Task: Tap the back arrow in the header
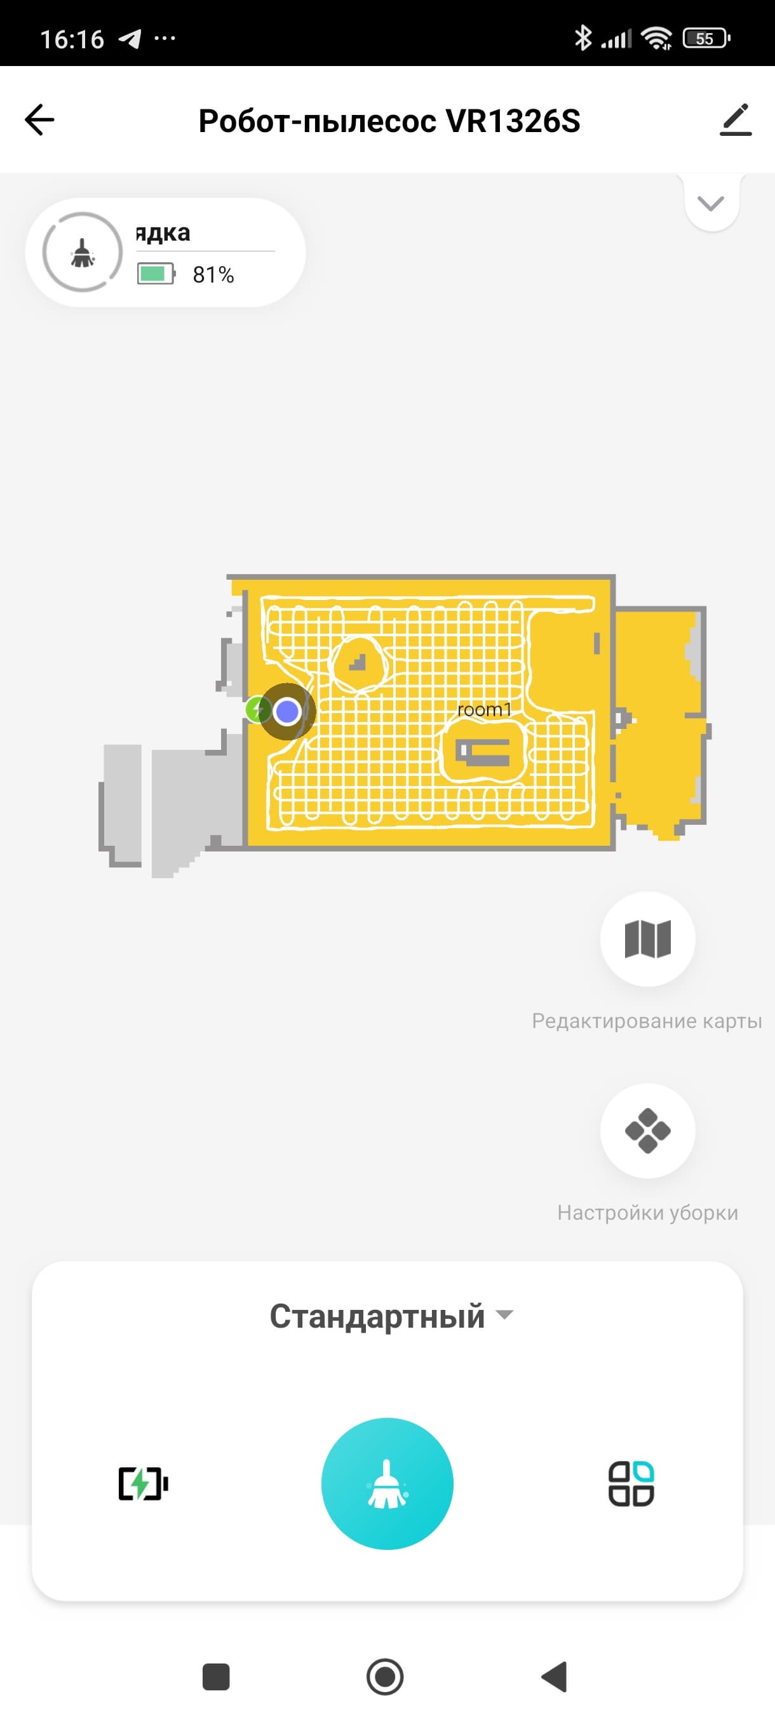pyautogui.click(x=39, y=121)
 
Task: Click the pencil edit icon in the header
pyautogui.click(x=736, y=121)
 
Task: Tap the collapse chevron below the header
pyautogui.click(x=711, y=203)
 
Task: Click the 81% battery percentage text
pyautogui.click(x=213, y=275)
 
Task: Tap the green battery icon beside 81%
pyautogui.click(x=156, y=274)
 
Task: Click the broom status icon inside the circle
pyautogui.click(x=82, y=253)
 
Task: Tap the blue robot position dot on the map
pyautogui.click(x=288, y=711)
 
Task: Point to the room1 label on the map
pyautogui.click(x=484, y=709)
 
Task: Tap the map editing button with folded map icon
pyautogui.click(x=647, y=938)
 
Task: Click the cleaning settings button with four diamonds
pyautogui.click(x=647, y=1130)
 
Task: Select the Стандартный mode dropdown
pyautogui.click(x=391, y=1316)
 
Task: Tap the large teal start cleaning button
pyautogui.click(x=387, y=1483)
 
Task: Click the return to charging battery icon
pyautogui.click(x=143, y=1484)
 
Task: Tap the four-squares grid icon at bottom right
pyautogui.click(x=631, y=1484)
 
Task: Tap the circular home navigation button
pyautogui.click(x=385, y=1676)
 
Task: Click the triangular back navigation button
pyautogui.click(x=555, y=1676)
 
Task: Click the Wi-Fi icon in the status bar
pyautogui.click(x=657, y=38)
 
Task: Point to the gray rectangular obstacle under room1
pyautogui.click(x=483, y=753)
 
